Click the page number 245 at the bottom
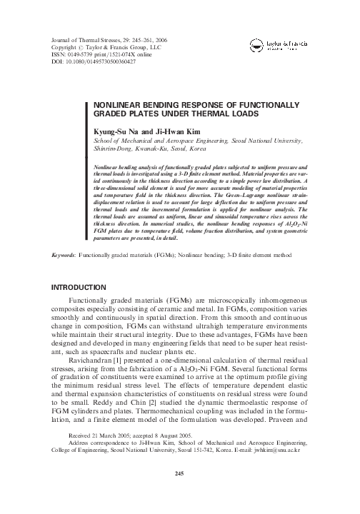pyautogui.click(x=180, y=493)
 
